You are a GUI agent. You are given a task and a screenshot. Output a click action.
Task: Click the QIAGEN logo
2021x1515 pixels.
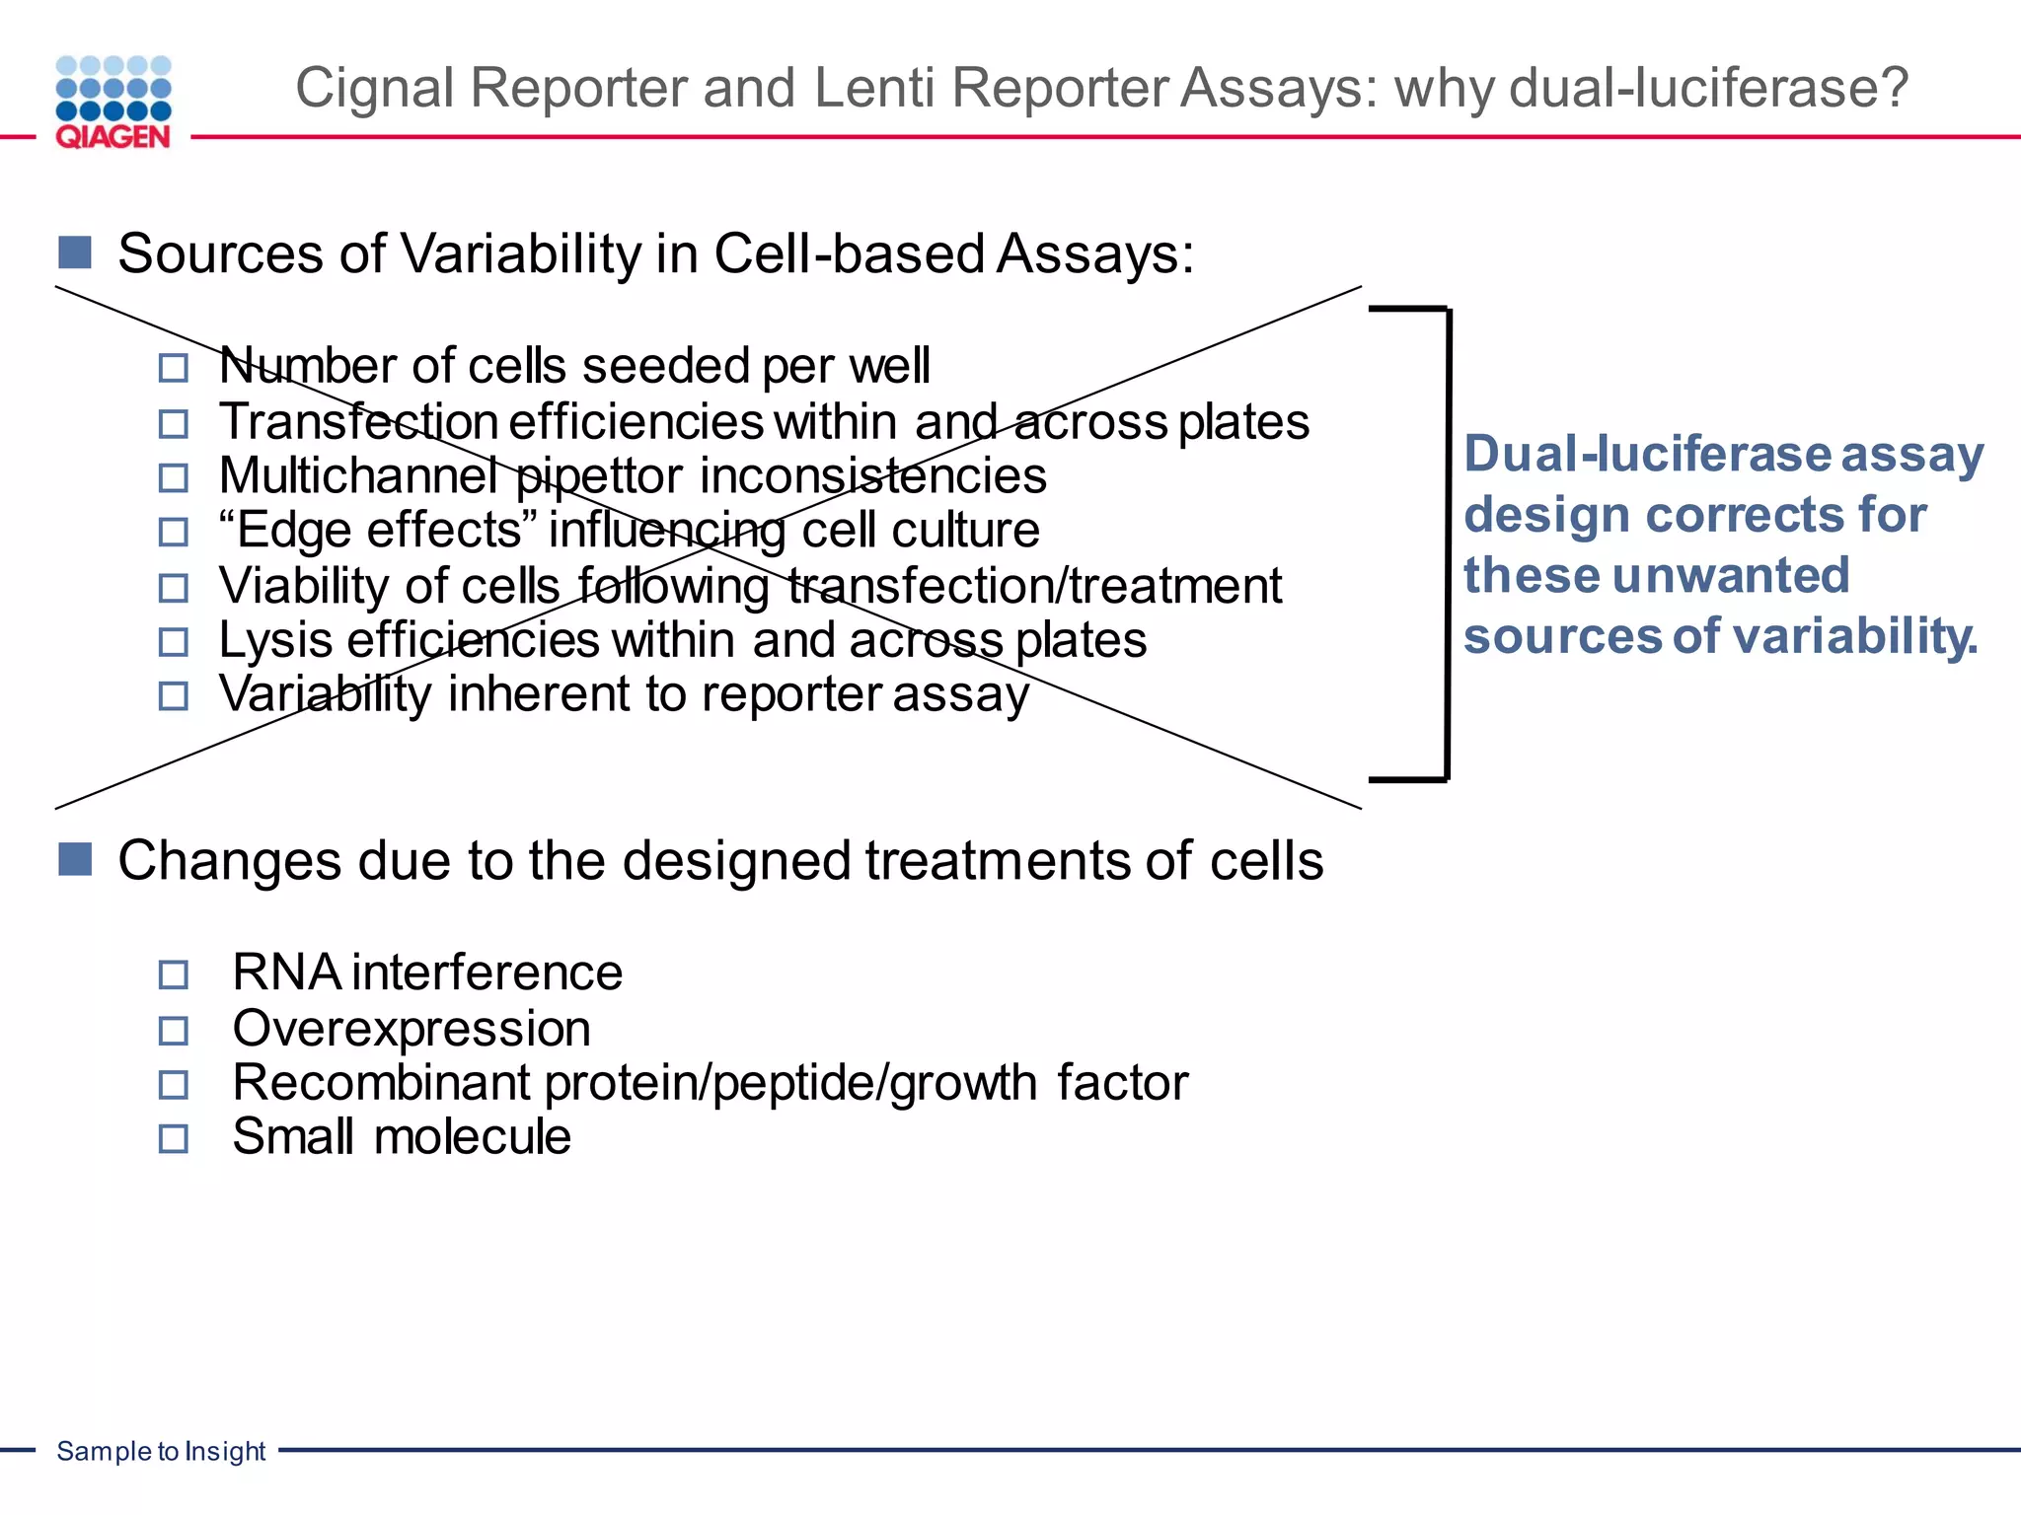[113, 103]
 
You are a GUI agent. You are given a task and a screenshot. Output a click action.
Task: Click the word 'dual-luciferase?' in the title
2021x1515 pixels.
[1709, 88]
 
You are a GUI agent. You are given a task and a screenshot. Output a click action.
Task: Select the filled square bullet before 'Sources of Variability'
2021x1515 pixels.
[75, 252]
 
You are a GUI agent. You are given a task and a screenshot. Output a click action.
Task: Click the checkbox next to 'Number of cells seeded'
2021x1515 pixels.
[174, 369]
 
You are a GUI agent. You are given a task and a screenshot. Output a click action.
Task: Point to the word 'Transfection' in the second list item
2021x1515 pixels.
[357, 422]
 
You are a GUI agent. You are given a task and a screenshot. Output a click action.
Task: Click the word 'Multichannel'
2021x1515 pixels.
[357, 476]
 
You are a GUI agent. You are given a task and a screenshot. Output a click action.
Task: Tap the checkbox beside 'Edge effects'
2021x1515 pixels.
[174, 533]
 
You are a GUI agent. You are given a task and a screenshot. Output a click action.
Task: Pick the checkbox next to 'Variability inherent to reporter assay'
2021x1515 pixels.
[174, 696]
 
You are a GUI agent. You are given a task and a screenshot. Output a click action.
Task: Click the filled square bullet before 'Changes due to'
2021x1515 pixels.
[75, 859]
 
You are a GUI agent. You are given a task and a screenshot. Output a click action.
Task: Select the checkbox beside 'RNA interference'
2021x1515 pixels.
[174, 975]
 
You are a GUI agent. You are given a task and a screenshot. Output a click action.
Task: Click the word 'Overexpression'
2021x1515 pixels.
[412, 1029]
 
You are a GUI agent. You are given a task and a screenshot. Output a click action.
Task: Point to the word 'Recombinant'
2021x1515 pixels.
[382, 1083]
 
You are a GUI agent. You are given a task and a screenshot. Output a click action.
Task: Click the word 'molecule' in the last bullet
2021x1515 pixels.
[472, 1137]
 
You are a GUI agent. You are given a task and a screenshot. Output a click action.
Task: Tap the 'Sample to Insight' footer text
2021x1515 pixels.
[161, 1451]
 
